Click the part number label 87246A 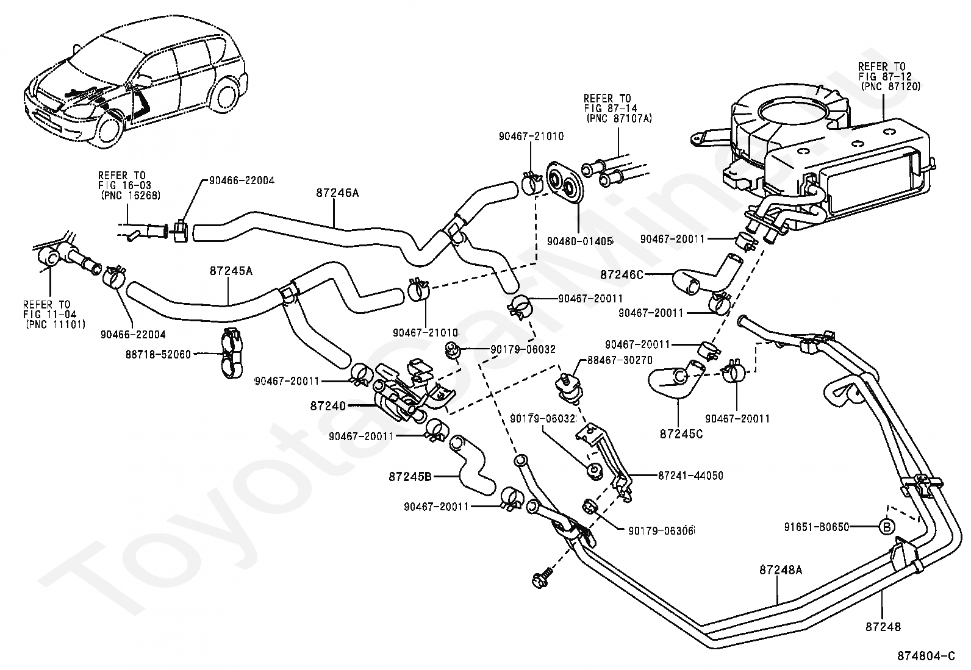point(337,193)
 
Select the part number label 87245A point(231,271)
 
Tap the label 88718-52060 point(158,354)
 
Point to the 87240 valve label point(328,406)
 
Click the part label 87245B point(410,477)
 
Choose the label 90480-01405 point(580,241)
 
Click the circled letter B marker point(887,527)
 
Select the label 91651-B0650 point(817,527)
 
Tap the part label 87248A point(781,570)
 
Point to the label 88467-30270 point(620,360)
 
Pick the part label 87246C point(622,275)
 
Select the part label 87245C point(681,434)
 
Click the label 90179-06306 point(662,531)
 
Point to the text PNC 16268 point(131,196)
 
